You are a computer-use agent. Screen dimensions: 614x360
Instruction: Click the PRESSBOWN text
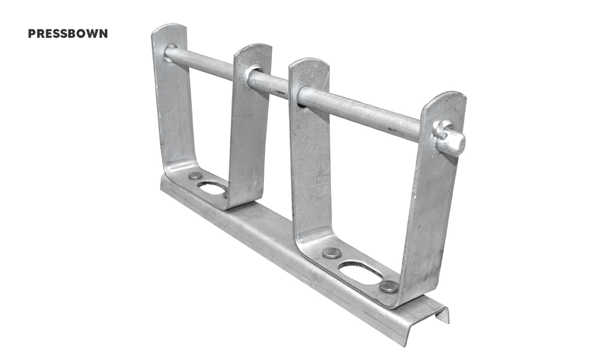(68, 34)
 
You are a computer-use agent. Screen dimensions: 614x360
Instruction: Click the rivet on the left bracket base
(195, 176)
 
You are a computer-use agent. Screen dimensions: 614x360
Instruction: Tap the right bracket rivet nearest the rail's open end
(389, 287)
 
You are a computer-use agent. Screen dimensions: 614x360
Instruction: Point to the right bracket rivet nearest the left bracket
(332, 253)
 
